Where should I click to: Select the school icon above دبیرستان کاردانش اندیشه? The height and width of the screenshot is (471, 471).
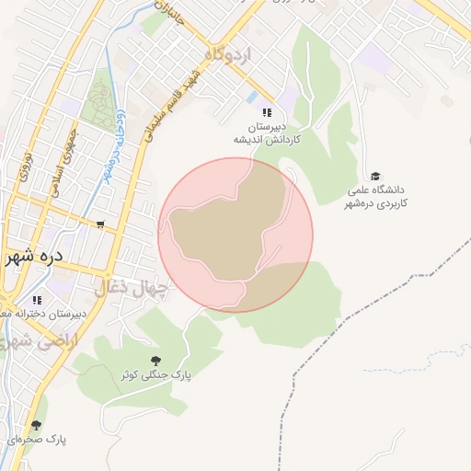[268, 111]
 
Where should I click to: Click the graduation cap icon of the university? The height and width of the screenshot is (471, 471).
[375, 176]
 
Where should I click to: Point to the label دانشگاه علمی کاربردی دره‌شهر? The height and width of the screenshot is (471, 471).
[376, 197]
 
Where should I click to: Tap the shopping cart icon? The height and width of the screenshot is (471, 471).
[99, 224]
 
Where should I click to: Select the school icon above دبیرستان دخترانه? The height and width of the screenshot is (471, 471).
[37, 300]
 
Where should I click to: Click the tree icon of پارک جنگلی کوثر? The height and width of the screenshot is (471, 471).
[154, 360]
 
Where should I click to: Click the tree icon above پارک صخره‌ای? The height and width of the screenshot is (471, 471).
[36, 425]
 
